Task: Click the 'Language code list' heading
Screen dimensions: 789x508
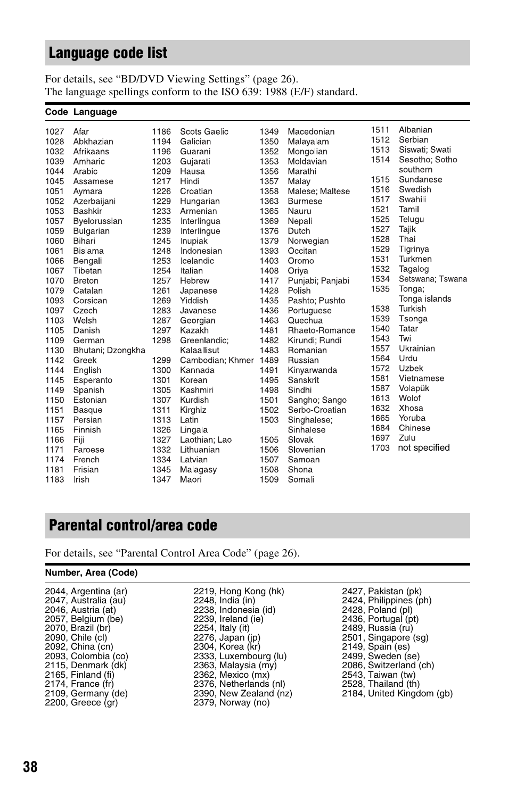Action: [108, 53]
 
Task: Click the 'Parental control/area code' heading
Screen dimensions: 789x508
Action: [133, 525]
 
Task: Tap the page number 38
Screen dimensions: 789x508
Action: [30, 767]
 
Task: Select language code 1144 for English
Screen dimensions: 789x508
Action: [54, 370]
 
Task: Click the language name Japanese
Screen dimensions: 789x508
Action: [198, 290]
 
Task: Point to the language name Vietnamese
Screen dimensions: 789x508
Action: [421, 378]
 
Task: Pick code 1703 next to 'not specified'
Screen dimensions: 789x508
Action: [380, 448]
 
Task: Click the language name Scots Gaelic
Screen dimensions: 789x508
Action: [204, 131]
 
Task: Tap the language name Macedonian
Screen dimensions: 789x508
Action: [311, 131]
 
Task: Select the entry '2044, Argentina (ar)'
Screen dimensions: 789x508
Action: [86, 591]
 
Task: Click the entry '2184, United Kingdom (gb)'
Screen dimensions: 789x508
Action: [397, 693]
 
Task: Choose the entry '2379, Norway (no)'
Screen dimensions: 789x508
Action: [232, 702]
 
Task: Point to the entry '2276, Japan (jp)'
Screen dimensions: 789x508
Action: [227, 637]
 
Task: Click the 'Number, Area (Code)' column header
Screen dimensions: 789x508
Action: [91, 572]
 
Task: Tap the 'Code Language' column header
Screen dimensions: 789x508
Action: [81, 112]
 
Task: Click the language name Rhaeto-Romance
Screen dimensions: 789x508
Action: [321, 330]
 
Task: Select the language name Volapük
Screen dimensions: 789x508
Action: [414, 388]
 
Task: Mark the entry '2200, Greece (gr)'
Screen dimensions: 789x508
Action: [81, 702]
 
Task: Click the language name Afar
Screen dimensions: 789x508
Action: [81, 131]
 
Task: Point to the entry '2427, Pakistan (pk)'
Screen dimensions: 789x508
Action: [382, 591]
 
